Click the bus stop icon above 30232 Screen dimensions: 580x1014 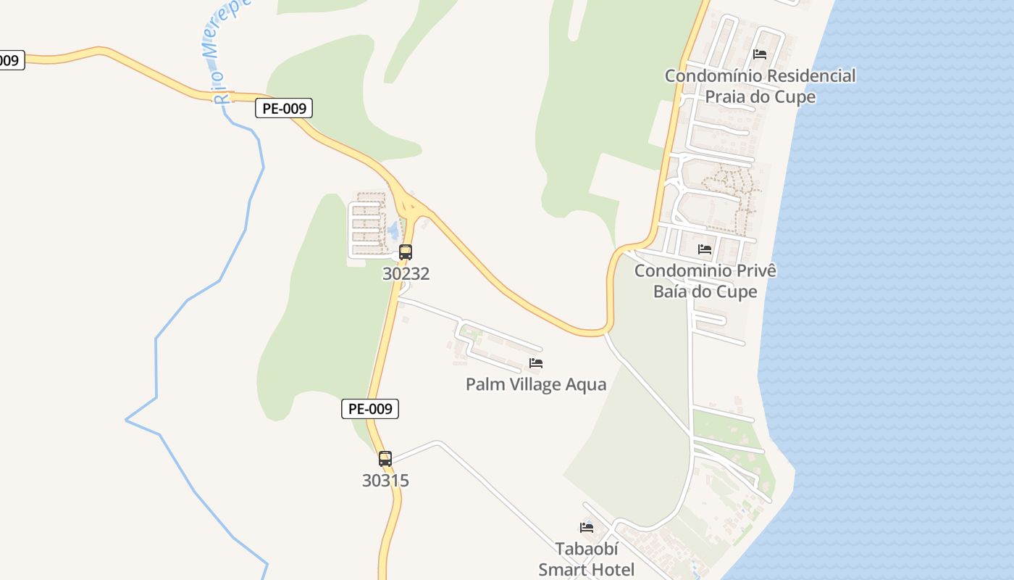coord(406,252)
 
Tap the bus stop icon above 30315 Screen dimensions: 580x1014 coord(385,459)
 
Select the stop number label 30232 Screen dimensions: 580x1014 coord(406,273)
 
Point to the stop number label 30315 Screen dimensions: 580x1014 coord(385,480)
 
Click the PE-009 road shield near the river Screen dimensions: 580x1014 coord(284,109)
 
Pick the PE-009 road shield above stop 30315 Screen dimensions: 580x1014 coord(370,409)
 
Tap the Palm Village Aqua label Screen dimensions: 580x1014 coord(536,384)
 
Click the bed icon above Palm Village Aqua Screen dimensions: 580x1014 coord(536,363)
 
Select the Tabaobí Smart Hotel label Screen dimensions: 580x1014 coord(587,559)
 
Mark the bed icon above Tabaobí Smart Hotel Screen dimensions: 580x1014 coord(587,527)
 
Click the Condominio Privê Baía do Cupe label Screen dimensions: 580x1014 coord(705,281)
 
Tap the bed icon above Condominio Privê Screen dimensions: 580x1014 coord(705,249)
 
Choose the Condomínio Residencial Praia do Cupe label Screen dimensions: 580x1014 coord(760,86)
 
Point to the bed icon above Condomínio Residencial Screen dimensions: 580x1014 coord(760,54)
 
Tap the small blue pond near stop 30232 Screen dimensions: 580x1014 coord(393,231)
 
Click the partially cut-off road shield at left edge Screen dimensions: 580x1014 coord(10,60)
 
